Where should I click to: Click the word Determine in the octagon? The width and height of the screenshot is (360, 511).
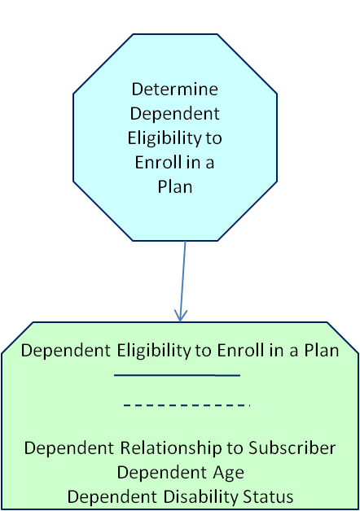[175, 89]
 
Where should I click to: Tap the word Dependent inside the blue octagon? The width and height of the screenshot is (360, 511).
[175, 113]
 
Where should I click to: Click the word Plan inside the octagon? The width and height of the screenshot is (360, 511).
[175, 186]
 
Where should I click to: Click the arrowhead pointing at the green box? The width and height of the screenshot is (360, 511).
[180, 315]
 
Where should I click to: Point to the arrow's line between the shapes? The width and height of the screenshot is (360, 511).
[183, 282]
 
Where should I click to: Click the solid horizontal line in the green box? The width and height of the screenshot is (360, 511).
[177, 375]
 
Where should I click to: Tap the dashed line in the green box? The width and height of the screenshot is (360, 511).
[187, 405]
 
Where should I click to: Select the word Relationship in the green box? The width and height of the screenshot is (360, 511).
[171, 448]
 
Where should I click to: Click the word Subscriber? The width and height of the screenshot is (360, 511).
[292, 448]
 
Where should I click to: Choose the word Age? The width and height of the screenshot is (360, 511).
[228, 473]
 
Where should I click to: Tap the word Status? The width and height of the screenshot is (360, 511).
[268, 497]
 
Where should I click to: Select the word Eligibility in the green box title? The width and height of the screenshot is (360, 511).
[154, 351]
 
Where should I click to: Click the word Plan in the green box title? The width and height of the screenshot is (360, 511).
[322, 351]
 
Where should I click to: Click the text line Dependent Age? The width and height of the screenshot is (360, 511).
[181, 473]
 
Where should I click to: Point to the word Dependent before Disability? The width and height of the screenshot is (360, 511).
[112, 497]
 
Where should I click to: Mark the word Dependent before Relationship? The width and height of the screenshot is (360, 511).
[68, 448]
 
